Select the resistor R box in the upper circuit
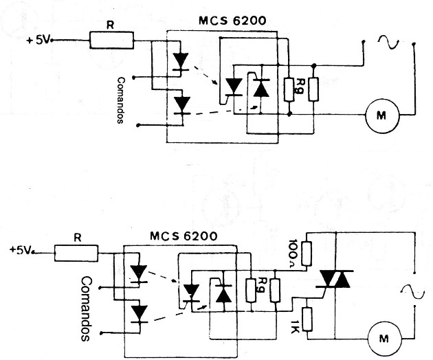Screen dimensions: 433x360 [111, 41]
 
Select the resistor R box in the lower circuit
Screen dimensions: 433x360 [76, 253]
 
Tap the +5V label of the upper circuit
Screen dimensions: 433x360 [38, 41]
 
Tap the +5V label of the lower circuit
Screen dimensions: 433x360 [21, 250]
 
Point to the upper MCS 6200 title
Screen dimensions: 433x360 [232, 21]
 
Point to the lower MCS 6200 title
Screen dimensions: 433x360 [184, 236]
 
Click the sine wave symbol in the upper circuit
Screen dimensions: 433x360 [389, 43]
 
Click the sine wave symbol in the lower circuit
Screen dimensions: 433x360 [412, 293]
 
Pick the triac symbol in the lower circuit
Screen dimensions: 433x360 [335, 280]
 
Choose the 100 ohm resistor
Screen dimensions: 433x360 [307, 254]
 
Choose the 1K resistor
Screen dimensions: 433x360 [307, 319]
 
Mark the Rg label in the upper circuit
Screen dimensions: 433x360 [298, 86]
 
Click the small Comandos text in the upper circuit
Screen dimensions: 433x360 [121, 100]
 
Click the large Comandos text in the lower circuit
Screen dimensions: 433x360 [86, 309]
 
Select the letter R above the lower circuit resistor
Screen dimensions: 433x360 [78, 238]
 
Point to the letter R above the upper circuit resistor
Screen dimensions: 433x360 [110, 25]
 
